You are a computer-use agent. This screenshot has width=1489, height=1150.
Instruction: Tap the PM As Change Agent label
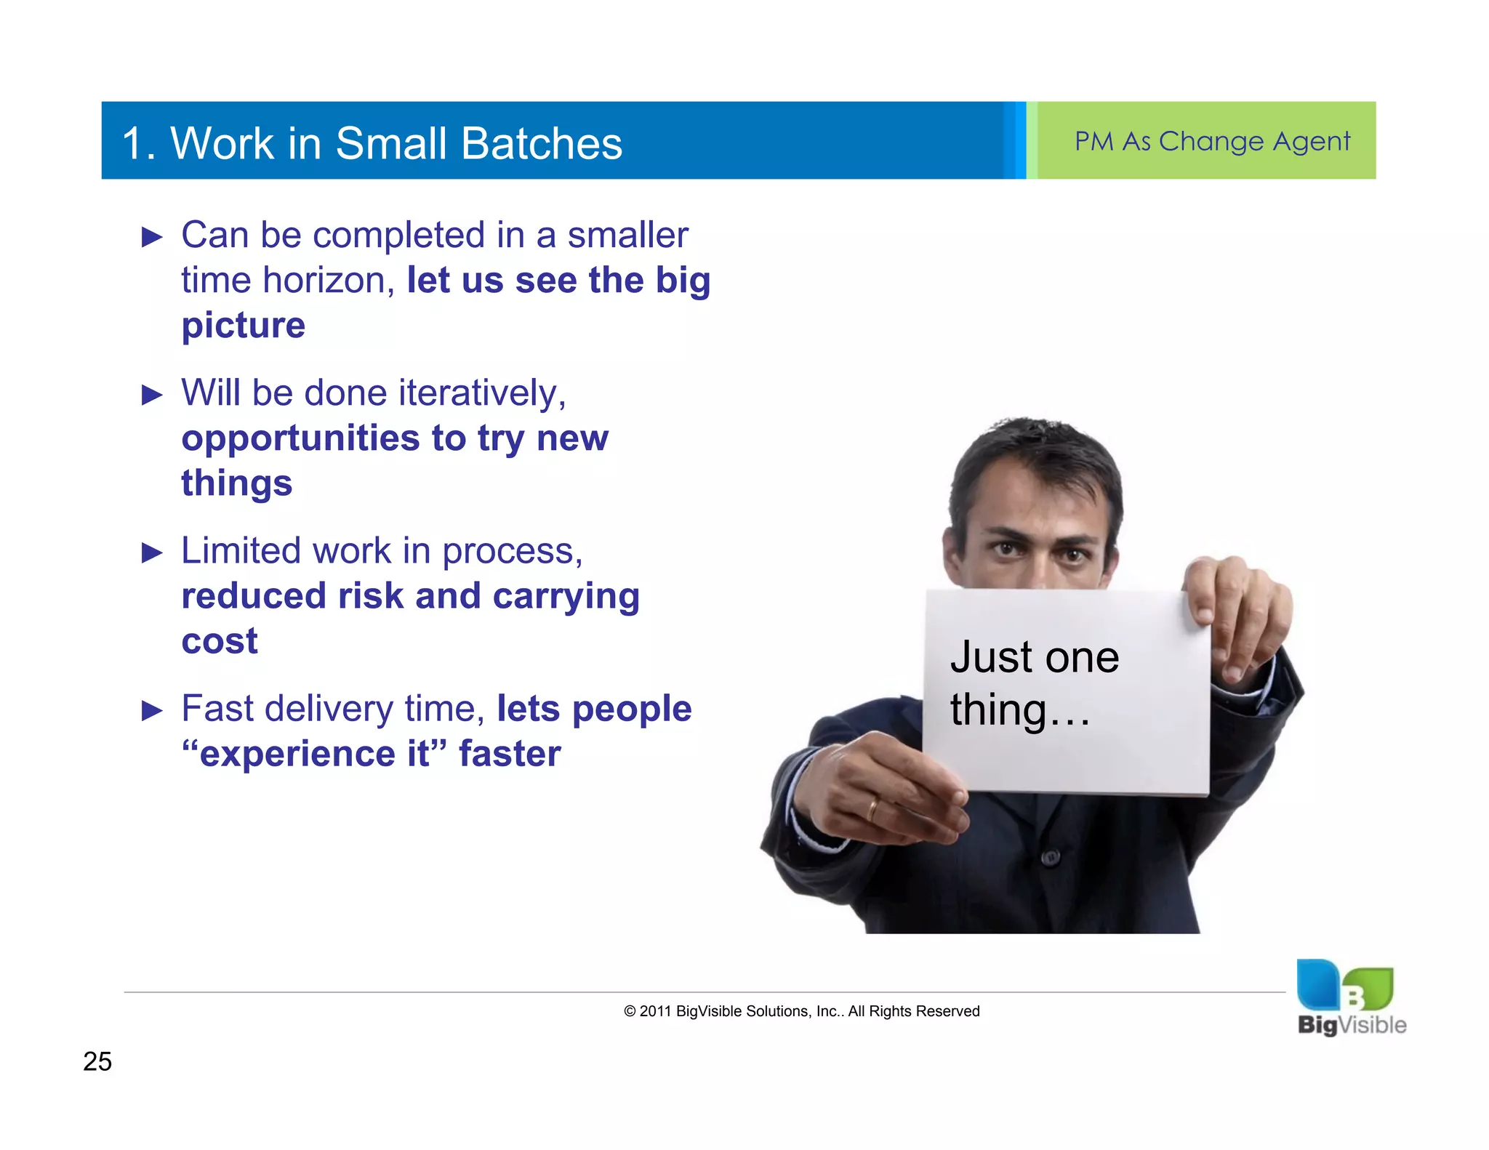pos(1212,141)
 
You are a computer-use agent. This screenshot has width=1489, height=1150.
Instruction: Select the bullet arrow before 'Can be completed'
pos(152,237)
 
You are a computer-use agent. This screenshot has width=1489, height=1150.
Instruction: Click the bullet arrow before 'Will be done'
pos(152,395)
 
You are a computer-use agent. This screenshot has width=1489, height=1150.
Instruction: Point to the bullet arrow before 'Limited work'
pos(152,552)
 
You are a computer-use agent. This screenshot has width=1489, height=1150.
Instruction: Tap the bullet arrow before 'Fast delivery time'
pos(152,710)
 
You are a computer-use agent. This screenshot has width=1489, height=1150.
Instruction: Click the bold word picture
pos(243,325)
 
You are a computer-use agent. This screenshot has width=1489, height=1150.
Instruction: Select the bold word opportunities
pos(300,438)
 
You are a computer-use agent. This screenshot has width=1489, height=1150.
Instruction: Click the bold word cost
pos(219,640)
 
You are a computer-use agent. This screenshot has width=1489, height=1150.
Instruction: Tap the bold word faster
pos(510,753)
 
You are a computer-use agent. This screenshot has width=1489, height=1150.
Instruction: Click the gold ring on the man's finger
pos(872,809)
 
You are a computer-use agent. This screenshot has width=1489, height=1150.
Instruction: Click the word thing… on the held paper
pos(1020,709)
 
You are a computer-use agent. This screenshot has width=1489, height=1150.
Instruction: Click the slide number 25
pos(97,1061)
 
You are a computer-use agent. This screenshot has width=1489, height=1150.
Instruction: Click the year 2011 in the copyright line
pos(655,1011)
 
